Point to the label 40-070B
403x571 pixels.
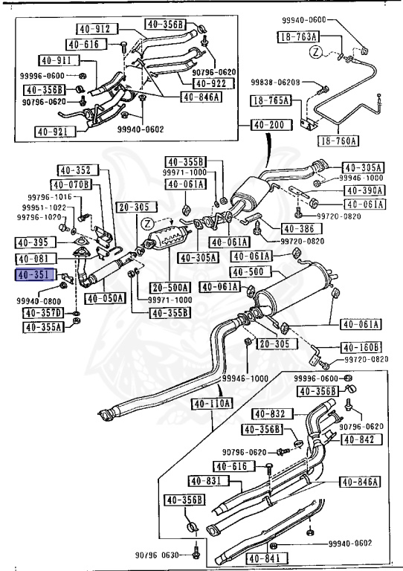[71, 184]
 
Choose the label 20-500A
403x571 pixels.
[170, 287]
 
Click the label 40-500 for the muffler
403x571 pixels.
[245, 272]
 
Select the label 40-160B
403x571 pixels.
[362, 347]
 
